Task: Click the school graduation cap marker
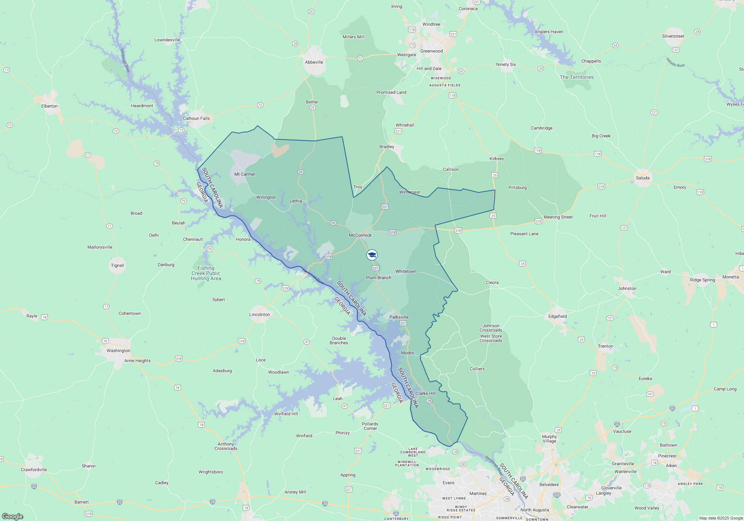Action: point(372,255)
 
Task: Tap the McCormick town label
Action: point(360,235)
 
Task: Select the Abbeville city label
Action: point(314,62)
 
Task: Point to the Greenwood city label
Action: point(432,51)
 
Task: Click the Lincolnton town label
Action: point(260,314)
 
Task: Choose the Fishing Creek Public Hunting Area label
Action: point(206,273)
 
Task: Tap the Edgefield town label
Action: point(557,316)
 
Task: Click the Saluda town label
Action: point(642,178)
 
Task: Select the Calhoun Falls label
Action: point(196,118)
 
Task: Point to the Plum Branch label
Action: point(378,278)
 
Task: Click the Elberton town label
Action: point(49,106)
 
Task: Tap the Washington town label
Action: point(118,351)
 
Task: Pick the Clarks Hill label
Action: point(425,393)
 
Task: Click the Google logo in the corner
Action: point(13,516)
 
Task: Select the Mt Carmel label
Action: point(244,174)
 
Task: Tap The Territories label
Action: point(577,77)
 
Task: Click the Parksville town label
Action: point(399,317)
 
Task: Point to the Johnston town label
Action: point(627,288)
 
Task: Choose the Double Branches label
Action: point(339,341)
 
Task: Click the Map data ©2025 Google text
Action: point(721,518)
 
